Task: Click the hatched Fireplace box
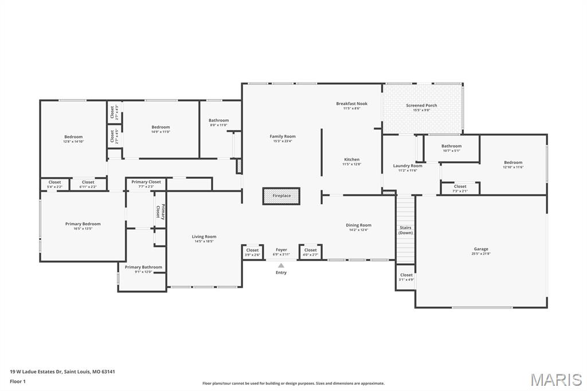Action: click(281, 196)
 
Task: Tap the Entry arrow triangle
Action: click(281, 265)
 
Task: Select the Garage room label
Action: click(481, 249)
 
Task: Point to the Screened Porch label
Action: click(421, 105)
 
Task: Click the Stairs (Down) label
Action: click(405, 230)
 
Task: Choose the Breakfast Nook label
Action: click(351, 104)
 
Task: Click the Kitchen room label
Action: click(351, 159)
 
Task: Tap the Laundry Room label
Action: click(408, 166)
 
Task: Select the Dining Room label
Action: click(358, 225)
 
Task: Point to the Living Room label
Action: click(204, 237)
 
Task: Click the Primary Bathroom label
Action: click(143, 267)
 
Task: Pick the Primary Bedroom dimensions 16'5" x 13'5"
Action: click(83, 229)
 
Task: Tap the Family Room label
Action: click(283, 136)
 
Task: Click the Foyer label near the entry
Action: click(281, 250)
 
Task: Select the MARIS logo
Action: click(555, 380)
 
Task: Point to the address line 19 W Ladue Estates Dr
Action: click(62, 372)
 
